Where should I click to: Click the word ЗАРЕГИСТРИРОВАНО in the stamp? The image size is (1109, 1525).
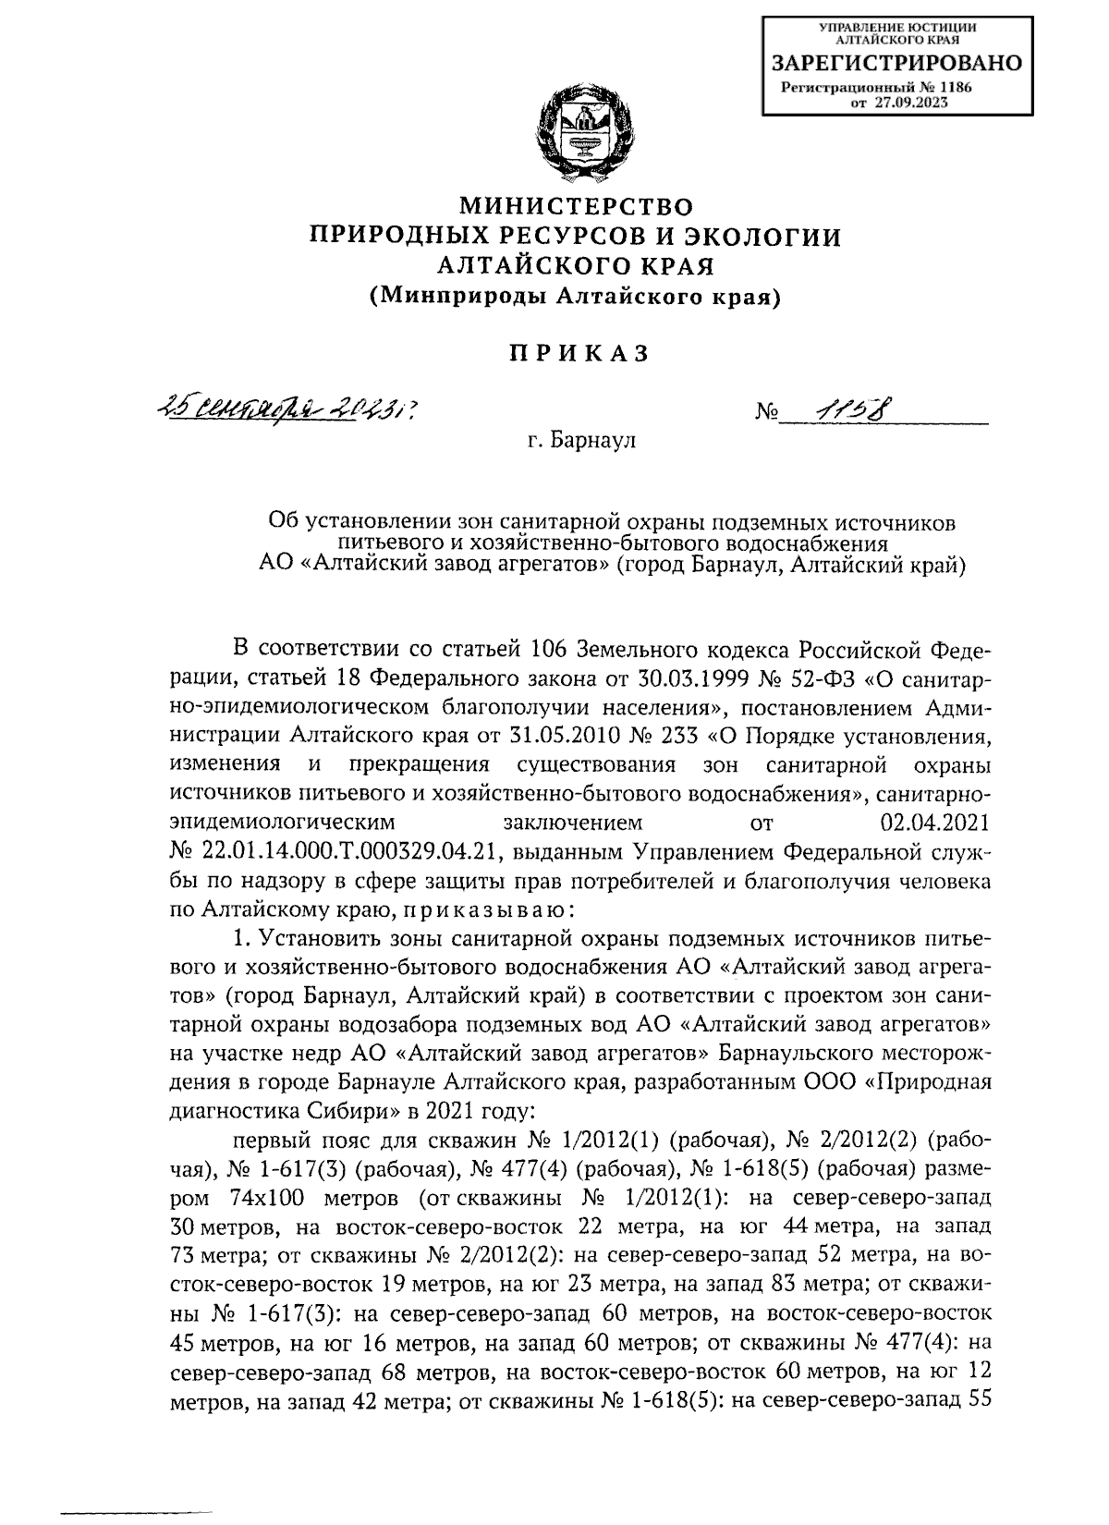tap(896, 64)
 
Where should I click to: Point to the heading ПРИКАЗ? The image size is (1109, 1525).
tap(576, 354)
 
